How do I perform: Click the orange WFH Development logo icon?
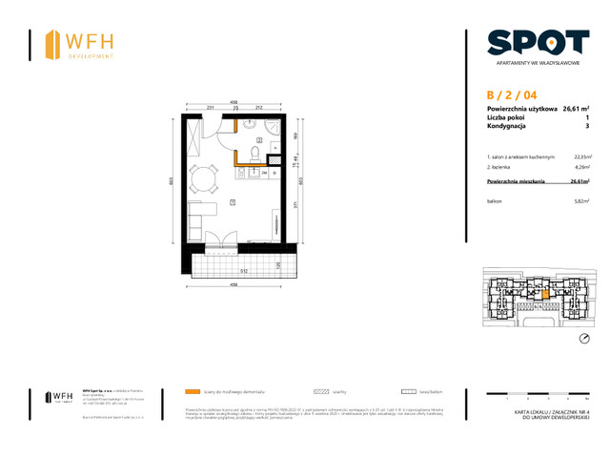point(51,44)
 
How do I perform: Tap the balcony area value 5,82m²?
point(581,201)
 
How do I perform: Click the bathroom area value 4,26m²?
point(581,166)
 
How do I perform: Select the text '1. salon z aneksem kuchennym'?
point(519,156)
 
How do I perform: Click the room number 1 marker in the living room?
point(234,201)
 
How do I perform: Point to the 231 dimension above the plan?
point(211,108)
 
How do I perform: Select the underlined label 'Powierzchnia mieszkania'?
point(515,180)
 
